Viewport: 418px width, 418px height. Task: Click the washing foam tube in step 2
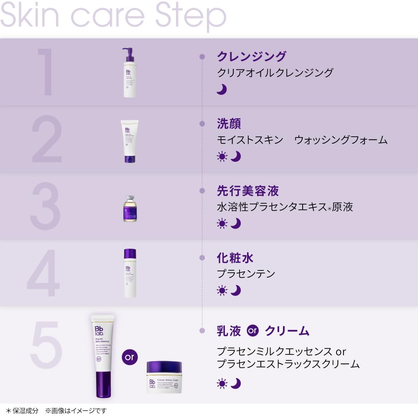coord(130,141)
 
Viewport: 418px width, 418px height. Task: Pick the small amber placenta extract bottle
coord(130,209)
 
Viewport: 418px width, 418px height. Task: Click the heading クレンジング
coord(252,56)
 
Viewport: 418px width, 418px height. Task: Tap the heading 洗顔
coord(229,124)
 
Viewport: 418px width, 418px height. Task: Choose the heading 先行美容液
coord(247,191)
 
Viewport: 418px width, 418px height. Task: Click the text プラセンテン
coord(246,274)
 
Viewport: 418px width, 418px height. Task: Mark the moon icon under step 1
coord(222,89)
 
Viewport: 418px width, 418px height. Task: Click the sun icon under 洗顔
coord(222,157)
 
